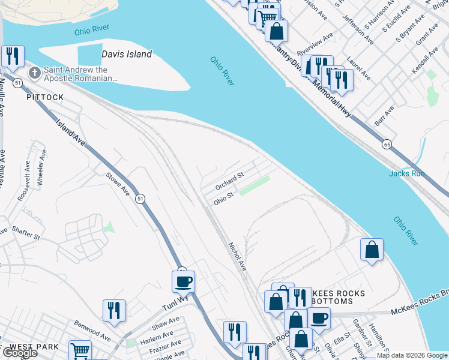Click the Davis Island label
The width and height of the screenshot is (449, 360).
[x=127, y=54]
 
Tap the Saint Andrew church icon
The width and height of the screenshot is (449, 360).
[x=35, y=74]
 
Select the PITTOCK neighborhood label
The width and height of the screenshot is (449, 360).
[x=44, y=97]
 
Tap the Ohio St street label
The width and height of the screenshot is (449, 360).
[x=223, y=198]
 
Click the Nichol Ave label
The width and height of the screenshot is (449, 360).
[x=238, y=256]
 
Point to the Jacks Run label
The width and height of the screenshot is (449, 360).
[x=406, y=173]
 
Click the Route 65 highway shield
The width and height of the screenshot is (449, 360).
[x=387, y=145]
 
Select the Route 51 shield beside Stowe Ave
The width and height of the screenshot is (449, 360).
[x=140, y=199]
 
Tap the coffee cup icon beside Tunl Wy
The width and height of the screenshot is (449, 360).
[x=183, y=281]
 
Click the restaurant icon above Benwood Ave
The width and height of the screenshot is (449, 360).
[x=114, y=310]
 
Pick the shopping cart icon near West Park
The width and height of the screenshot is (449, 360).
[x=80, y=350]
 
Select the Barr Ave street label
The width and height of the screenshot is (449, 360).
[x=384, y=113]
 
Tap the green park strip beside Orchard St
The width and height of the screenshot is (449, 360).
[x=255, y=185]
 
